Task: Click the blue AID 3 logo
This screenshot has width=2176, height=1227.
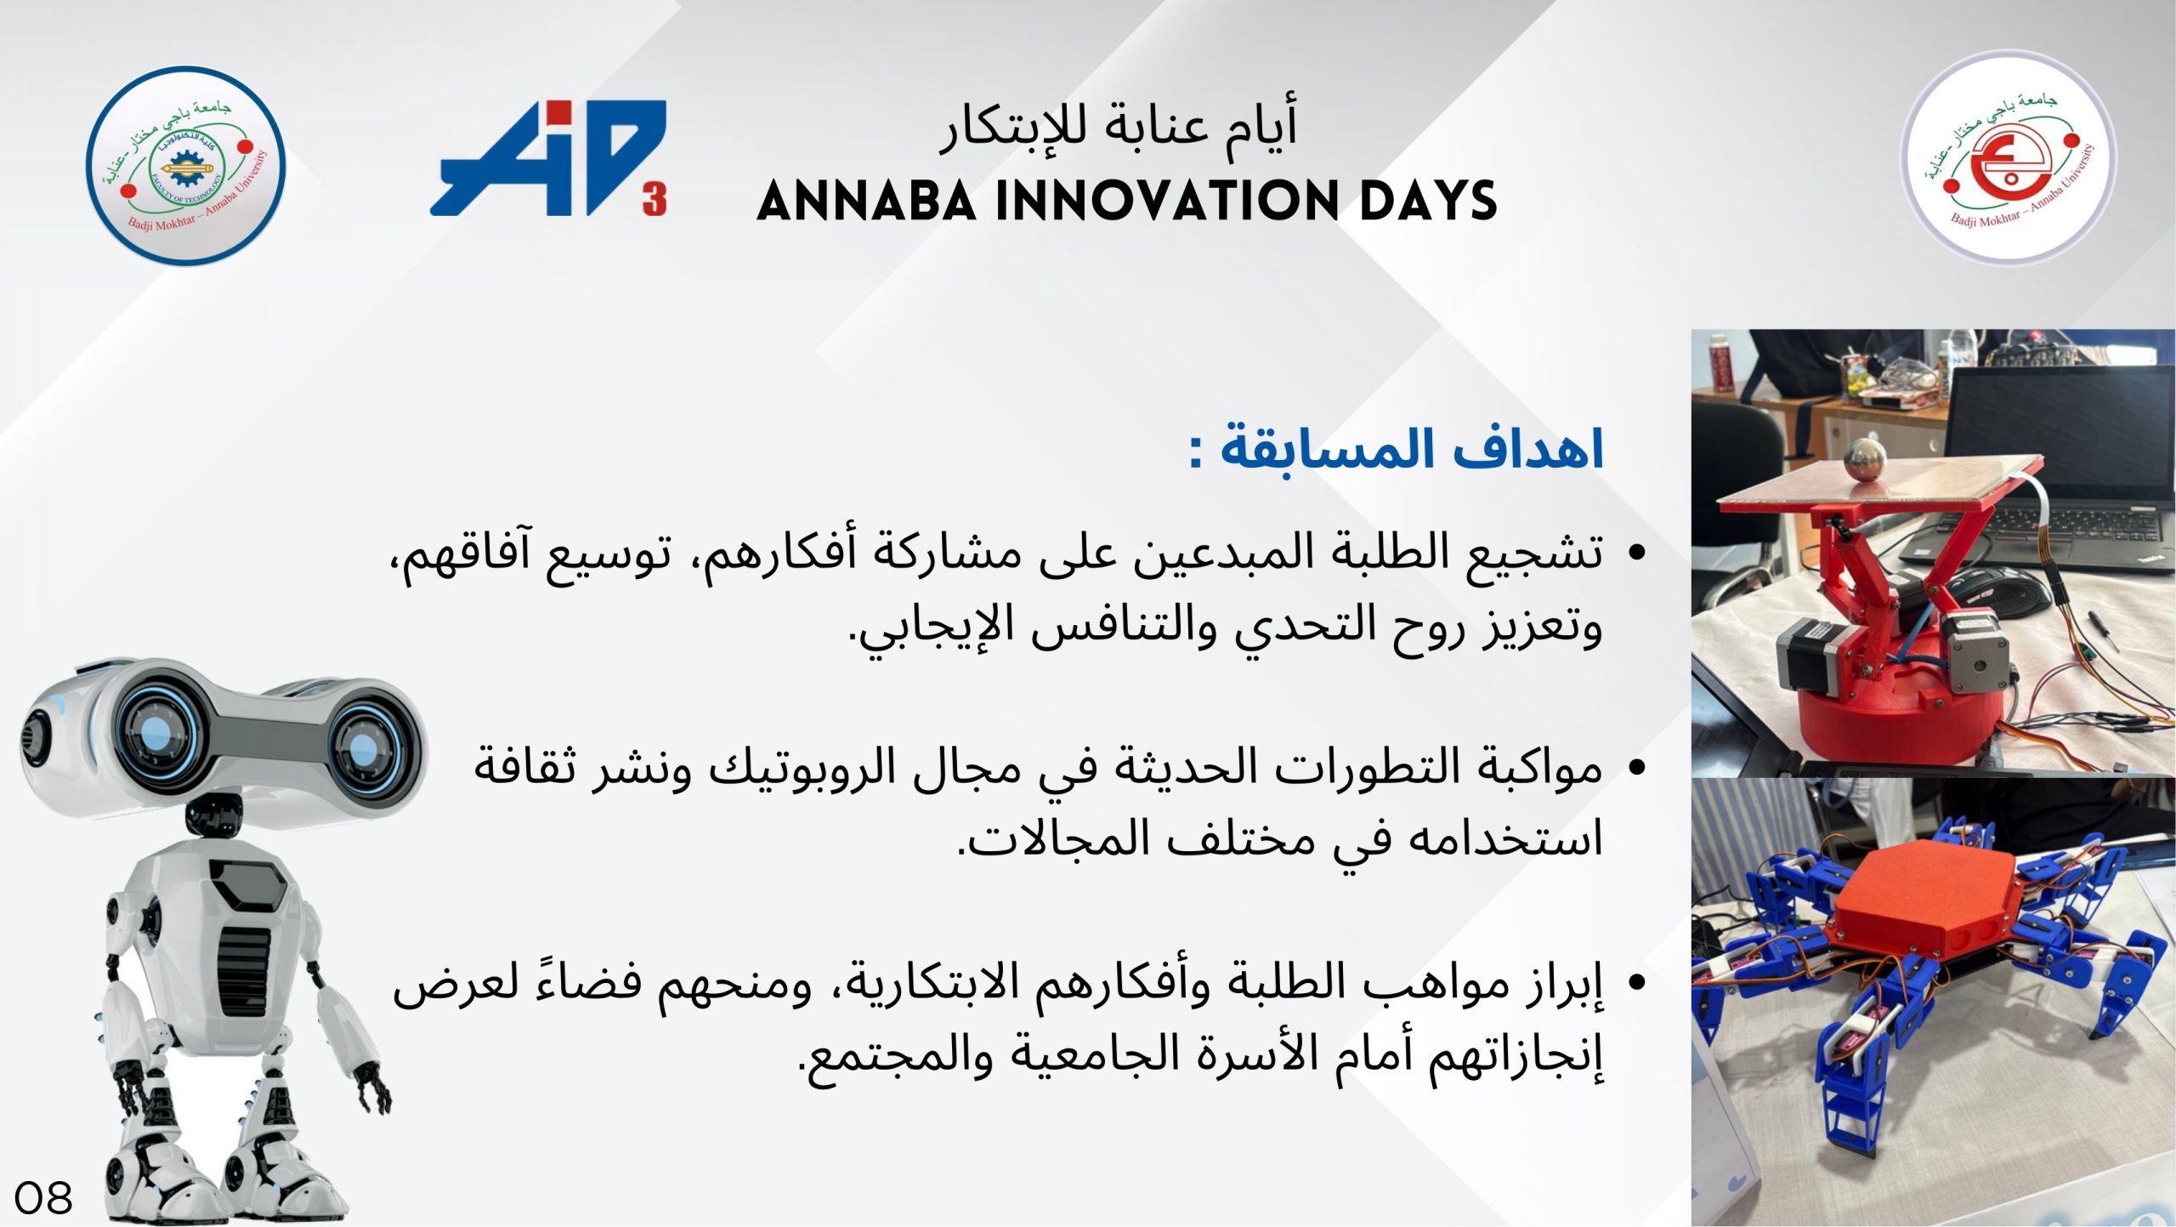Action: click(548, 158)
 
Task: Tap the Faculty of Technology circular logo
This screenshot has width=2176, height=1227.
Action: click(186, 167)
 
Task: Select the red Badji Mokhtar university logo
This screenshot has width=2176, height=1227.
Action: click(2008, 157)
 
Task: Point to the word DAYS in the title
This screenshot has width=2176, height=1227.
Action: click(1428, 202)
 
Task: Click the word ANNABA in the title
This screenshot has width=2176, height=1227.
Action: click(867, 202)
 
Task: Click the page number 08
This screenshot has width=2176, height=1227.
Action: click(43, 1198)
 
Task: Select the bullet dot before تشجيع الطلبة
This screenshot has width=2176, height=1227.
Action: click(1635, 553)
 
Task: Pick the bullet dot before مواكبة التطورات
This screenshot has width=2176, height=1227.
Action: click(1635, 768)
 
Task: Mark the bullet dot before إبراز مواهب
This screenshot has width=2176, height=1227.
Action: click(1635, 983)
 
